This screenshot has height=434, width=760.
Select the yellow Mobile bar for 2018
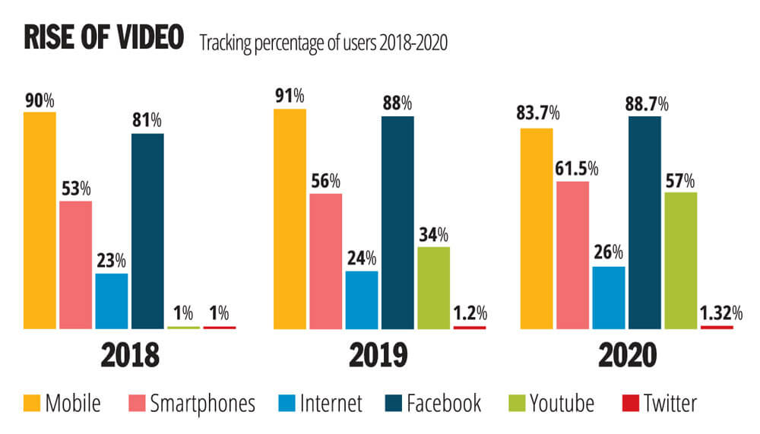[x=40, y=220]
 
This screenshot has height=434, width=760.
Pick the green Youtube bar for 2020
[x=680, y=261]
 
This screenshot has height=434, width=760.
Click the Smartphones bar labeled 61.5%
[x=572, y=255]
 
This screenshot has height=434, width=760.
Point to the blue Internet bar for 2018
[x=112, y=301]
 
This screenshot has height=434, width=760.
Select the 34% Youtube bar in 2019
[x=433, y=288]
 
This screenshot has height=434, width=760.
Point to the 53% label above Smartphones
[x=76, y=188]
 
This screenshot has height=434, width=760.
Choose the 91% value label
[x=290, y=96]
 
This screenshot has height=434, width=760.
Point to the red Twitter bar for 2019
[x=469, y=328]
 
